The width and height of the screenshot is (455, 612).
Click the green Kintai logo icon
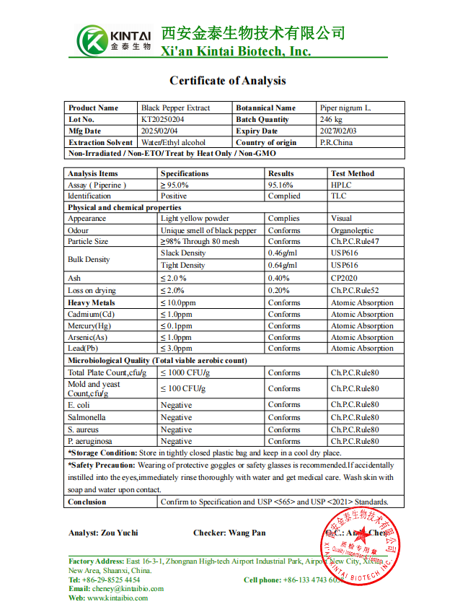point(92,40)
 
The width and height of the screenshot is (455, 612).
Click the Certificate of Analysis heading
point(227,81)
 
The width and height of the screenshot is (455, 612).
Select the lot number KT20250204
point(162,119)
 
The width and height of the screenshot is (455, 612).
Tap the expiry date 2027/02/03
point(338,131)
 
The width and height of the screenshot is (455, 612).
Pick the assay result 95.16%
point(280,185)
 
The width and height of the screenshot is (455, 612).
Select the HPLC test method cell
point(340,185)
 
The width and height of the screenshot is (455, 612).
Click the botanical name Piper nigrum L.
point(345,108)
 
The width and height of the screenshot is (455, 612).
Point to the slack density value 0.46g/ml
point(283,253)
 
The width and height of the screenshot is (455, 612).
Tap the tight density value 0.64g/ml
point(283,265)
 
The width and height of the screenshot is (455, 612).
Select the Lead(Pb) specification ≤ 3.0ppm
point(177,349)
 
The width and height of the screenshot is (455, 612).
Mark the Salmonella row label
point(87,417)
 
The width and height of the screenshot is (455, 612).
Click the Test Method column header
point(353,173)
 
